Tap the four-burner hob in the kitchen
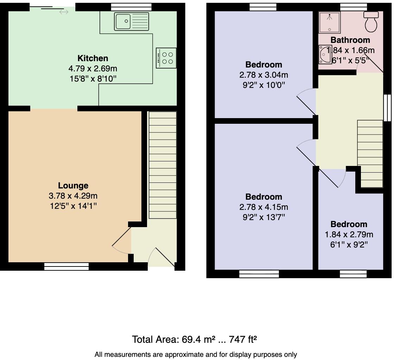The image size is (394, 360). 166,58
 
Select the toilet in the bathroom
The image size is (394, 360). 371,21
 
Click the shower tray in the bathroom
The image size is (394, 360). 329,22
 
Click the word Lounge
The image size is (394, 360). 73,186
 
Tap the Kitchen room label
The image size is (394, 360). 93,58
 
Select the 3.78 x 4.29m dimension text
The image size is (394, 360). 73,196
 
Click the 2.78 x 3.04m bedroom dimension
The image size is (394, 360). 263,75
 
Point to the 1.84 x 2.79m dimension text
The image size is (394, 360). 349,234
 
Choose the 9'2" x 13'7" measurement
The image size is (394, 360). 263,217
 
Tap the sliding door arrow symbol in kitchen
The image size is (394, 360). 64,12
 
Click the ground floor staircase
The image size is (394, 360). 163,165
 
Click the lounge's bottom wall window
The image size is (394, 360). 66,267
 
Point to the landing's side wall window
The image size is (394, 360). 387,108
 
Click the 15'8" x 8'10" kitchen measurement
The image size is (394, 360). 93,78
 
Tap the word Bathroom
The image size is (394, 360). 350,40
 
